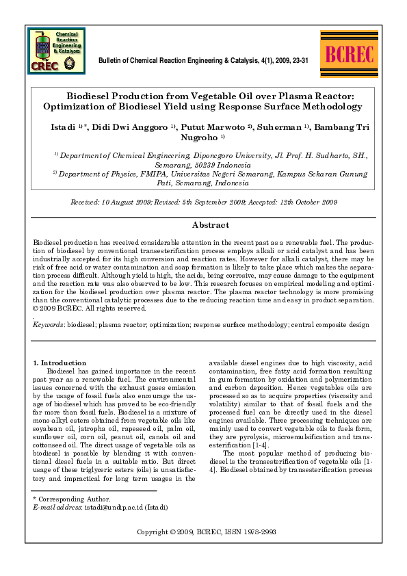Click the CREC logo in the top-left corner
(x=57, y=51)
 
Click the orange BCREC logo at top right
(x=347, y=53)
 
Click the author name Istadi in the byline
(x=63, y=127)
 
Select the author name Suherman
(x=280, y=127)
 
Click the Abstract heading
(x=210, y=225)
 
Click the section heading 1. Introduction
(x=60, y=363)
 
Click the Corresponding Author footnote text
(x=72, y=499)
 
